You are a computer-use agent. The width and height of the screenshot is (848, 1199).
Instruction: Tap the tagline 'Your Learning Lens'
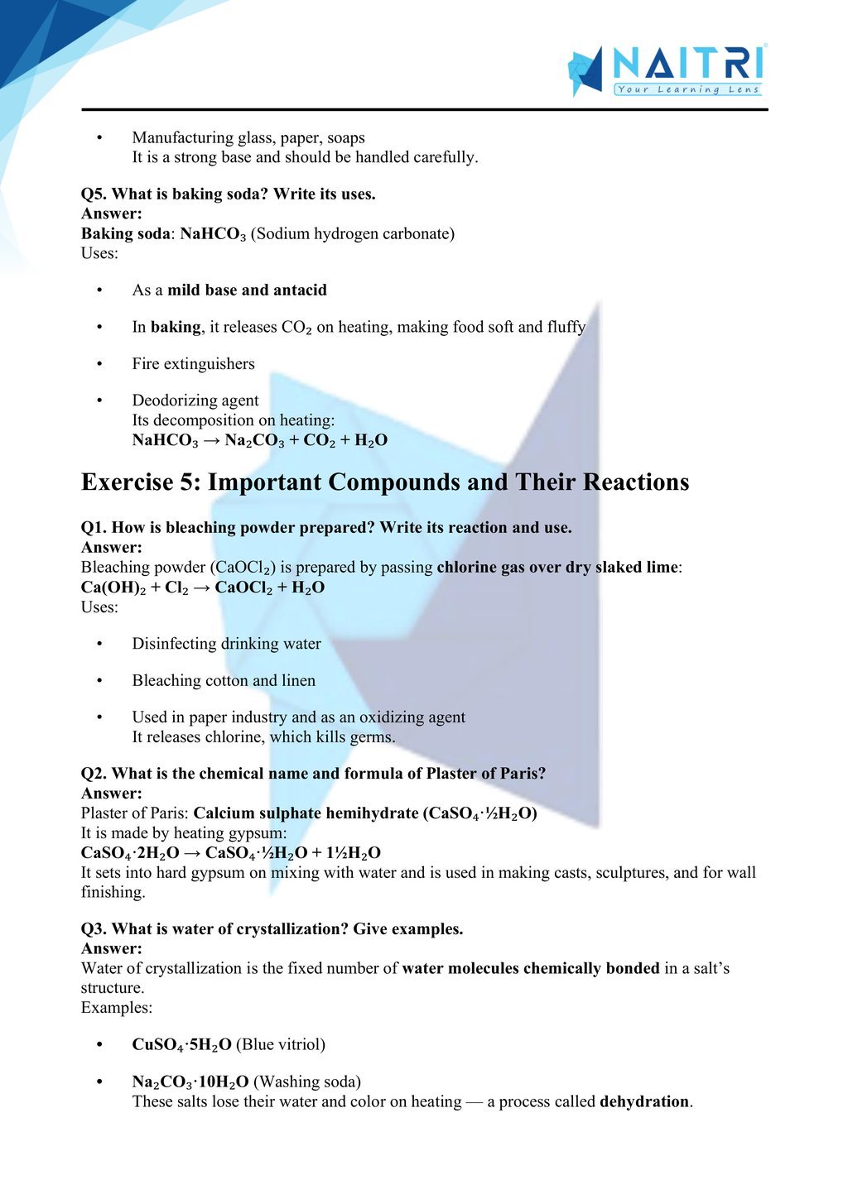[687, 89]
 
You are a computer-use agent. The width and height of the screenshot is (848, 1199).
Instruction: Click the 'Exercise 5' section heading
[384, 482]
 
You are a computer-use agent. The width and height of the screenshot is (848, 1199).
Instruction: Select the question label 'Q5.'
[94, 194]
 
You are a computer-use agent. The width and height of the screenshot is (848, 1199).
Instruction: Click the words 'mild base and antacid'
[247, 290]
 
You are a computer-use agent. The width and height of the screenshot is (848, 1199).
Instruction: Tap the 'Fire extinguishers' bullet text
[193, 363]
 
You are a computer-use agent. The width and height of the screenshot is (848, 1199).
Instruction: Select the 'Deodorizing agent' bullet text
[195, 400]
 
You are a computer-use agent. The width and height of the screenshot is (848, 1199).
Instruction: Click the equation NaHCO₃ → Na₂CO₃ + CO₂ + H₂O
[259, 439]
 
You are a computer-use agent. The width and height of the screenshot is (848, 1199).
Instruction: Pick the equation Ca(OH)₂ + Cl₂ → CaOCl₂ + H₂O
[203, 587]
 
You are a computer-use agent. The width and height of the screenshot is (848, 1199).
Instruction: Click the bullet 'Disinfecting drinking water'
[226, 643]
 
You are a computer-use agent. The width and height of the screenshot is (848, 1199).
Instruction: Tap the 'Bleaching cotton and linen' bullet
[224, 680]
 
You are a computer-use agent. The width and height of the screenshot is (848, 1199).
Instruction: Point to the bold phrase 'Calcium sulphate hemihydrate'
[306, 813]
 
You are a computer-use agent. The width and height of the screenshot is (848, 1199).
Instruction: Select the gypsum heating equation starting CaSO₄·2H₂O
[230, 852]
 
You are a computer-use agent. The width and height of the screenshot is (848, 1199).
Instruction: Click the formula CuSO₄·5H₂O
[181, 1044]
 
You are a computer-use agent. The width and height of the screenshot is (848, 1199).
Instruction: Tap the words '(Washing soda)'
[306, 1081]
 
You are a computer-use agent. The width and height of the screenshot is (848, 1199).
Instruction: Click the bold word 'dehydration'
[644, 1101]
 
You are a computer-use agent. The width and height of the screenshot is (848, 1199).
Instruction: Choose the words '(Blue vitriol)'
[281, 1044]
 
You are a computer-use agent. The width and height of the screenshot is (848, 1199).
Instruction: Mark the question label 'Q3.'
[94, 928]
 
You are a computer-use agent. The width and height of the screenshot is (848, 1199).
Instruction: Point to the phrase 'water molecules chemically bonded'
[531, 968]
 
